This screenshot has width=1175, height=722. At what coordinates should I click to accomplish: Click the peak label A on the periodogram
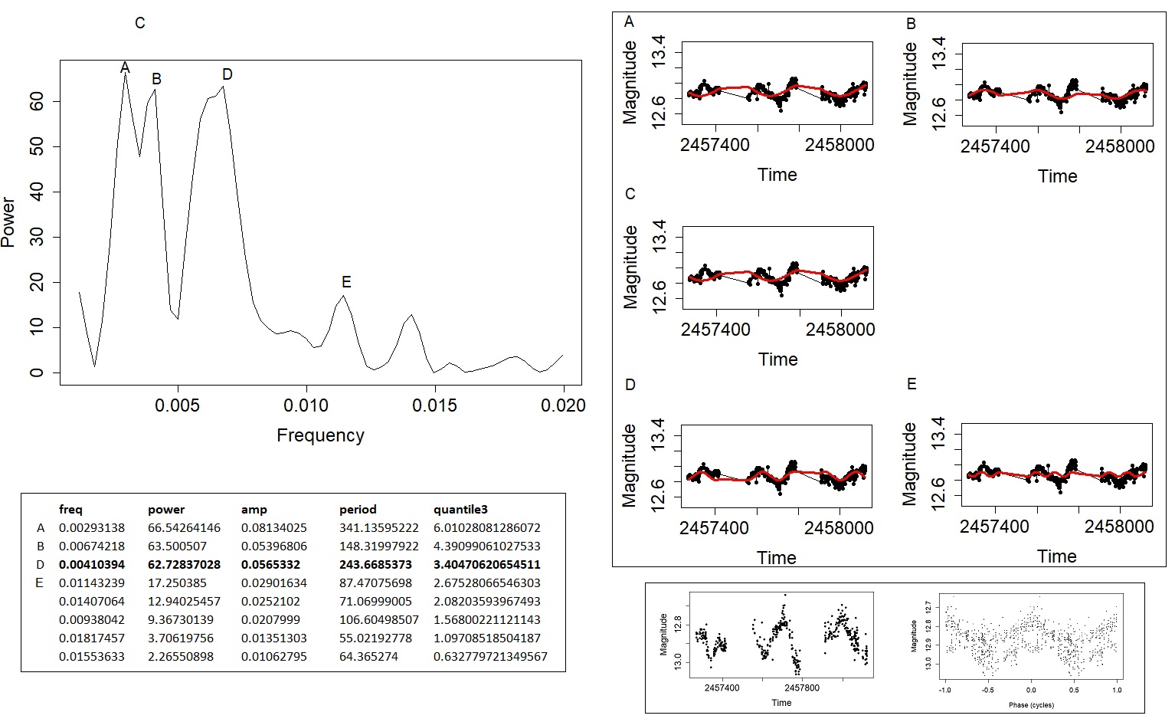pyautogui.click(x=125, y=68)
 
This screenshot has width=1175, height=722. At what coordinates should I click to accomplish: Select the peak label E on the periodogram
pyautogui.click(x=346, y=282)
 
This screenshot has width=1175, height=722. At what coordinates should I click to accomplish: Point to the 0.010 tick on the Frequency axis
pyautogui.click(x=306, y=405)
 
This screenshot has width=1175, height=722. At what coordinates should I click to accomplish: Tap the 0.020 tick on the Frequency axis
pyautogui.click(x=563, y=405)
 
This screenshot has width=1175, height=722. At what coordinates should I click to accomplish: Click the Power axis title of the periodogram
pyautogui.click(x=8, y=222)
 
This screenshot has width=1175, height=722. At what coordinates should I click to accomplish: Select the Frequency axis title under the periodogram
pyautogui.click(x=320, y=435)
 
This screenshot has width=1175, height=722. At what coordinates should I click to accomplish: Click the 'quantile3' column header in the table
pyautogui.click(x=460, y=510)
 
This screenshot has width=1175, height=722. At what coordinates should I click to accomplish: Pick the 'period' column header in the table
pyautogui.click(x=358, y=510)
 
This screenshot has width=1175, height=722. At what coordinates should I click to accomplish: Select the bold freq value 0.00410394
pyautogui.click(x=92, y=565)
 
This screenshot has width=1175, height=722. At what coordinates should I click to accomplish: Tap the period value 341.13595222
pyautogui.click(x=378, y=528)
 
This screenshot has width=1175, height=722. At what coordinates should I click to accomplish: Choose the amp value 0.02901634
pyautogui.click(x=273, y=583)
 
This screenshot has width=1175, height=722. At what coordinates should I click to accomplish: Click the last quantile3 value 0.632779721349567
pyautogui.click(x=490, y=657)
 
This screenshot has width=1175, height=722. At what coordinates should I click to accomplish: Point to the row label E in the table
pyautogui.click(x=41, y=583)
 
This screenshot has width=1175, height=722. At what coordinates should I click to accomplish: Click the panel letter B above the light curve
pyautogui.click(x=911, y=24)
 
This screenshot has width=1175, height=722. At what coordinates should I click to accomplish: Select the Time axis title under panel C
pyautogui.click(x=777, y=359)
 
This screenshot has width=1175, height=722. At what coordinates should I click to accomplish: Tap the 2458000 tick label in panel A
pyautogui.click(x=840, y=145)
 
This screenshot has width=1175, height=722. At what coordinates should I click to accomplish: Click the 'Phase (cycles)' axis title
pyautogui.click(x=1031, y=705)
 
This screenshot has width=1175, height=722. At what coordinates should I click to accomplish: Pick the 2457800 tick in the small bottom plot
pyautogui.click(x=802, y=688)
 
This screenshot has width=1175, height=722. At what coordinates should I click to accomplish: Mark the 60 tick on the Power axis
pyautogui.click(x=35, y=101)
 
